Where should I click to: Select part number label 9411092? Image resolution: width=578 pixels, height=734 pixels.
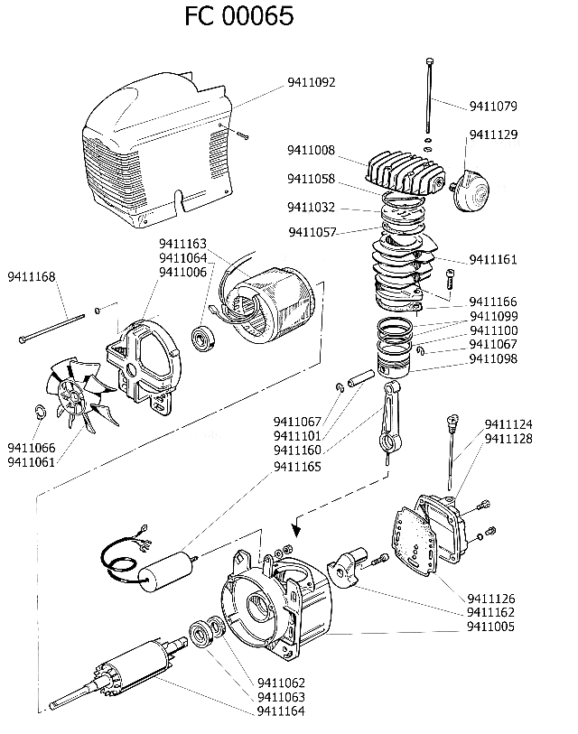click(312, 82)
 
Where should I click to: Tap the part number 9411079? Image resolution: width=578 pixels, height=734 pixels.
click(493, 107)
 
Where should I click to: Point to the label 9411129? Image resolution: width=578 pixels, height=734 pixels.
click(493, 135)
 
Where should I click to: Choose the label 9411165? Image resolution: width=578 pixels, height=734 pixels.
click(297, 467)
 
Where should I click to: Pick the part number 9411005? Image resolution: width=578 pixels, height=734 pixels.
click(491, 626)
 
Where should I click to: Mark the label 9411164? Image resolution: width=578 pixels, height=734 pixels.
click(281, 711)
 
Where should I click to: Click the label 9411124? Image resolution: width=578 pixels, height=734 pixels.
click(508, 424)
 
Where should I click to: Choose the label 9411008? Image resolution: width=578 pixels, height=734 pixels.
click(312, 150)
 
